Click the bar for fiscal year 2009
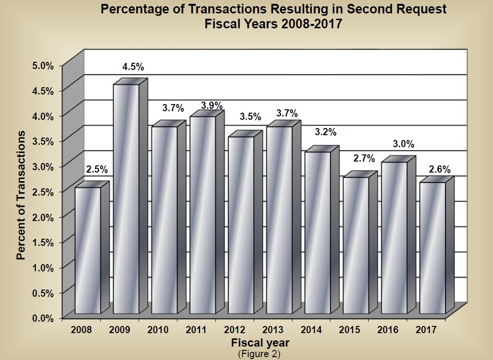pos(126,199)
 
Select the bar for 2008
pos(88,250)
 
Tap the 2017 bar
pos(432,248)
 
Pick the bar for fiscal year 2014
pos(317,232)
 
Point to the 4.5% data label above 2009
pos(133,67)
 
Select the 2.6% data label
pos(439,169)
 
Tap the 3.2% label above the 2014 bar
pos(325,132)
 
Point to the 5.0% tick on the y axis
pos(43,65)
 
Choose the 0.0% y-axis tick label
pos(43,318)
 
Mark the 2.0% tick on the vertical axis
pos(43,217)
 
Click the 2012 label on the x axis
pos(235,330)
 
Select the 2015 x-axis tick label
pos(350,330)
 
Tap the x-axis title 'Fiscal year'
pos(260,343)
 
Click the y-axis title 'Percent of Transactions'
pos(21,195)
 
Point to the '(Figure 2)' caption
pos(259,354)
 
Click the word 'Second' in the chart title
pos(357,9)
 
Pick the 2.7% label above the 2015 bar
pos(364,159)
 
